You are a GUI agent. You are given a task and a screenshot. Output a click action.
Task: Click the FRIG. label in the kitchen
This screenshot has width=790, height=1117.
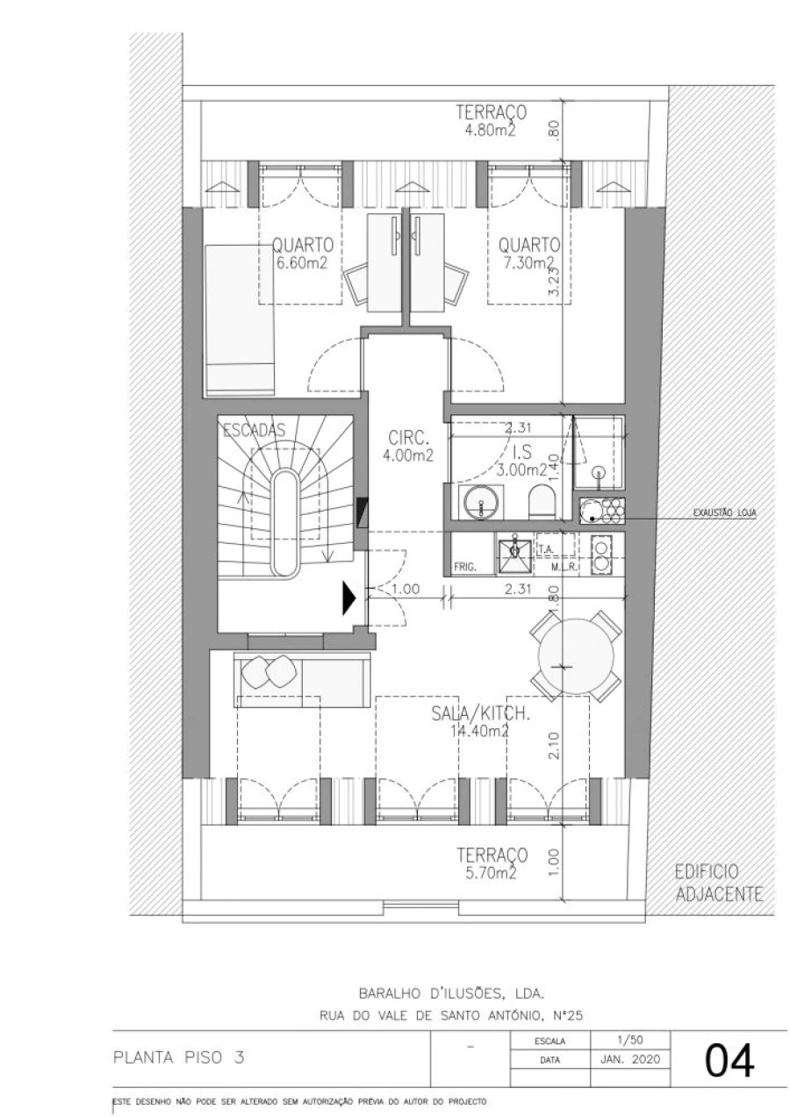click(465, 567)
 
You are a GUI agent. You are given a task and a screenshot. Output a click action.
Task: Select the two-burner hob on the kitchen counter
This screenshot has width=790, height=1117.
click(602, 554)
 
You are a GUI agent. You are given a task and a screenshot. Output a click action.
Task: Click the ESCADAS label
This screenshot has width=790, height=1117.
click(255, 430)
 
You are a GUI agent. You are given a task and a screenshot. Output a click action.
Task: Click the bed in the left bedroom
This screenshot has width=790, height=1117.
click(240, 320)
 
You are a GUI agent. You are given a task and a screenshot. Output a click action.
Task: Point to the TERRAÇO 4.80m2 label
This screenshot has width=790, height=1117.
click(491, 121)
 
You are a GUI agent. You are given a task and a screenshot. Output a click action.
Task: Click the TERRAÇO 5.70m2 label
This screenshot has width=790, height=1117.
click(491, 863)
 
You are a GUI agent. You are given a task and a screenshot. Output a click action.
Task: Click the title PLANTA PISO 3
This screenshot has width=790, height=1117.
click(178, 1057)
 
